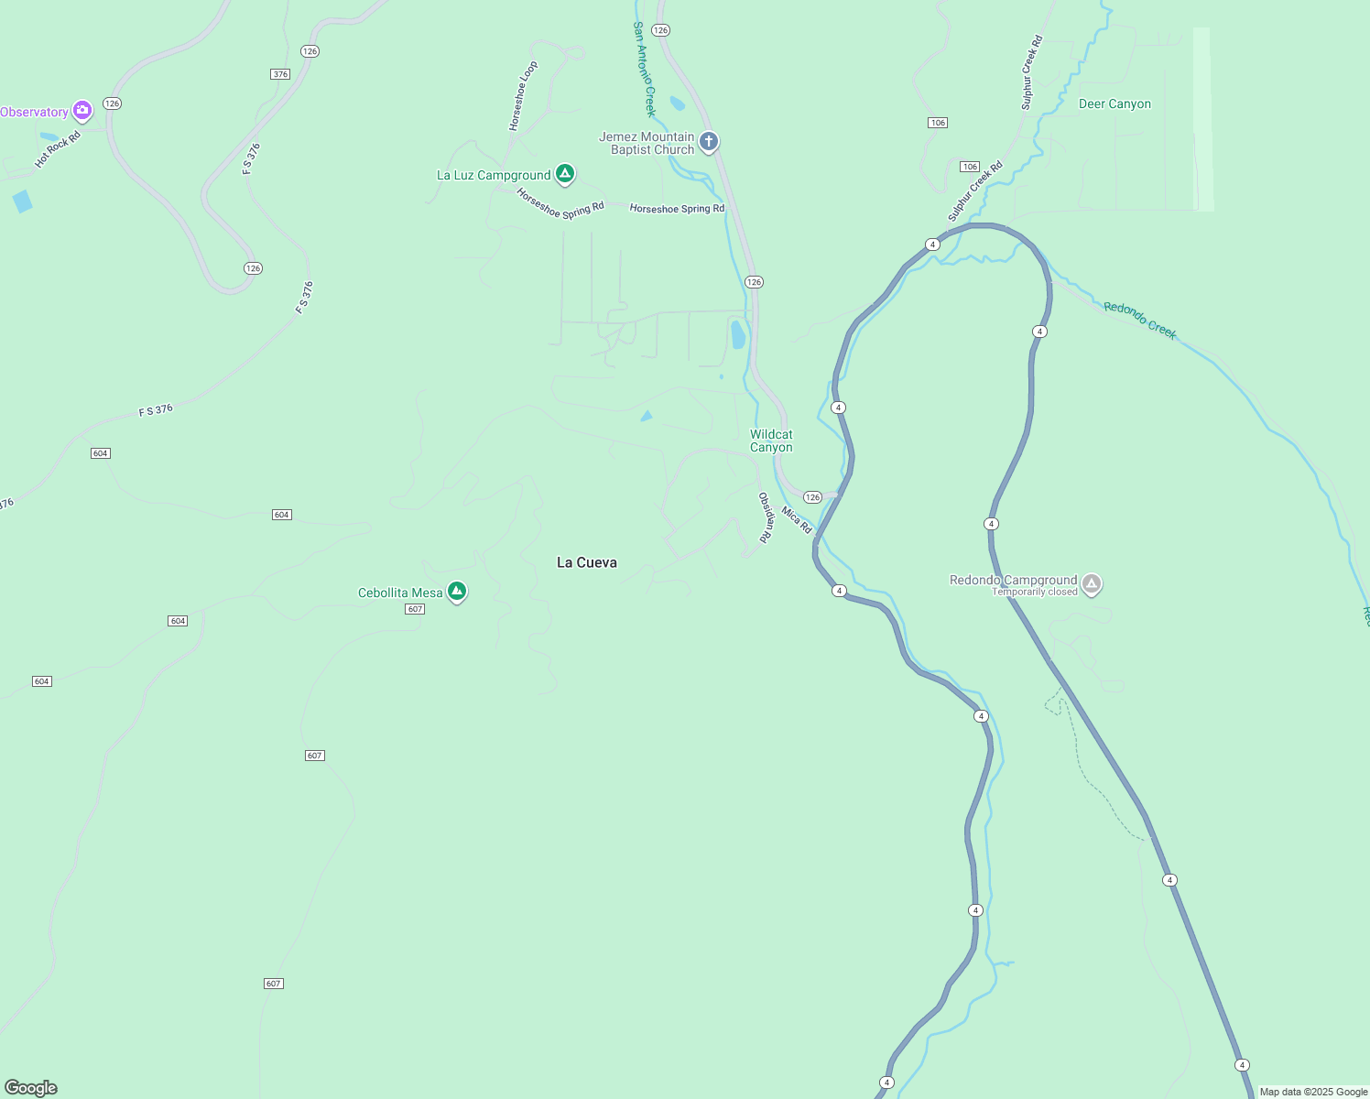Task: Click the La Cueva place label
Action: pyautogui.click(x=587, y=562)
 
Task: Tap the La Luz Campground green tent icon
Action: pyautogui.click(x=566, y=173)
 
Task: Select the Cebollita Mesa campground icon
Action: pyautogui.click(x=457, y=592)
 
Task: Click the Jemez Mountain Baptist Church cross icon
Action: pyautogui.click(x=708, y=142)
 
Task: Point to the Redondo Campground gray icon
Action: pyautogui.click(x=1091, y=583)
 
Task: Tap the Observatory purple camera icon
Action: pyautogui.click(x=82, y=111)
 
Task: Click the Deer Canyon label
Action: pyautogui.click(x=1114, y=104)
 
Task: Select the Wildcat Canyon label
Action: pyautogui.click(x=771, y=441)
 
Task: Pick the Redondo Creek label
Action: pyautogui.click(x=1140, y=320)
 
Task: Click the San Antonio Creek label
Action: pyautogui.click(x=645, y=70)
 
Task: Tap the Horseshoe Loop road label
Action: pyautogui.click(x=523, y=96)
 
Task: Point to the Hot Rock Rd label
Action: pyautogui.click(x=58, y=149)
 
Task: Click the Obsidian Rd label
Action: pyautogui.click(x=765, y=517)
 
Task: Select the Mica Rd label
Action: pyautogui.click(x=797, y=519)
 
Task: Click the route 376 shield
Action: pyautogui.click(x=280, y=74)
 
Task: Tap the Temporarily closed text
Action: pyautogui.click(x=1035, y=593)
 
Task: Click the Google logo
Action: pyautogui.click(x=31, y=1088)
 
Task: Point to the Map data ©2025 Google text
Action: pyautogui.click(x=1313, y=1092)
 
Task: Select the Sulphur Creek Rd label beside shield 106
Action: pyautogui.click(x=975, y=191)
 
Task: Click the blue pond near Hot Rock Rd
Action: pyautogui.click(x=23, y=201)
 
